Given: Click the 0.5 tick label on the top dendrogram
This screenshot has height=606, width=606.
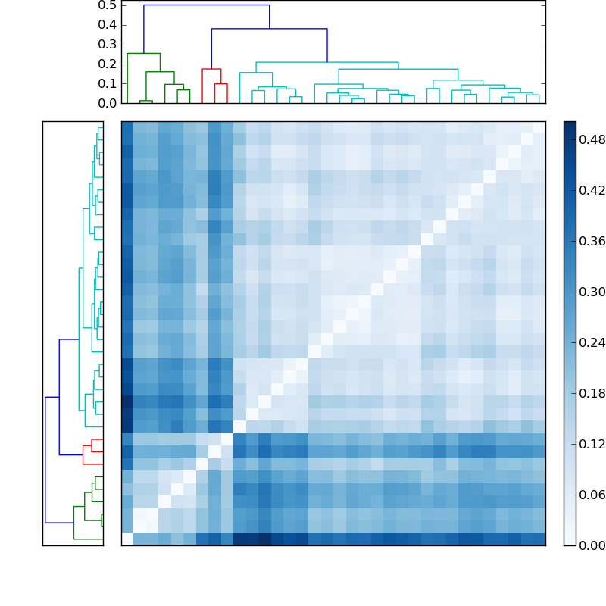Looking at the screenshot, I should (107, 5).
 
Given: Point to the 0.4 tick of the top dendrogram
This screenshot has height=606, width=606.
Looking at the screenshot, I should (107, 25).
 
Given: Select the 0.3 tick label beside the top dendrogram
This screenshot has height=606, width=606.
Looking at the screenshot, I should (107, 45).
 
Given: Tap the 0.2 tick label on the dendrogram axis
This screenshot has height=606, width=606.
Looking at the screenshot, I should (107, 64).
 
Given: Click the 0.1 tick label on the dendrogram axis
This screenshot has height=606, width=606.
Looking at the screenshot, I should (107, 83).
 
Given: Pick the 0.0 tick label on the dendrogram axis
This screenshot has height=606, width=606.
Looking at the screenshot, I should (107, 103).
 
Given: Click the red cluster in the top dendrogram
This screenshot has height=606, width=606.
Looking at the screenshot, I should (211, 70).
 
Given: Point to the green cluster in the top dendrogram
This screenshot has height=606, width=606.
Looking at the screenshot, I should (143, 54).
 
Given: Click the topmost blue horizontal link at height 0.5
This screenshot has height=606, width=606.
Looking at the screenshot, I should (206, 5).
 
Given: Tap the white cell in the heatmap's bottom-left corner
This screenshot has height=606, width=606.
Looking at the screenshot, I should (127, 539).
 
